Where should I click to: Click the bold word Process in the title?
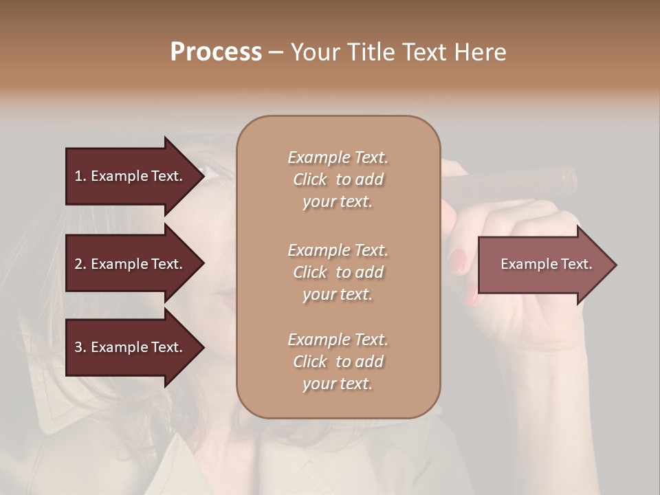[x=216, y=52]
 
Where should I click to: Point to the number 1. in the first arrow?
[x=80, y=176]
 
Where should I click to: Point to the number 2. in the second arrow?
[x=80, y=264]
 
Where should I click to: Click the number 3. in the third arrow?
[x=80, y=347]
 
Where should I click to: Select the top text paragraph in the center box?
[x=338, y=179]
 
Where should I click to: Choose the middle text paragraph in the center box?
[x=338, y=272]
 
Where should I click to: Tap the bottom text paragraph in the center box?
[x=338, y=362]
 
